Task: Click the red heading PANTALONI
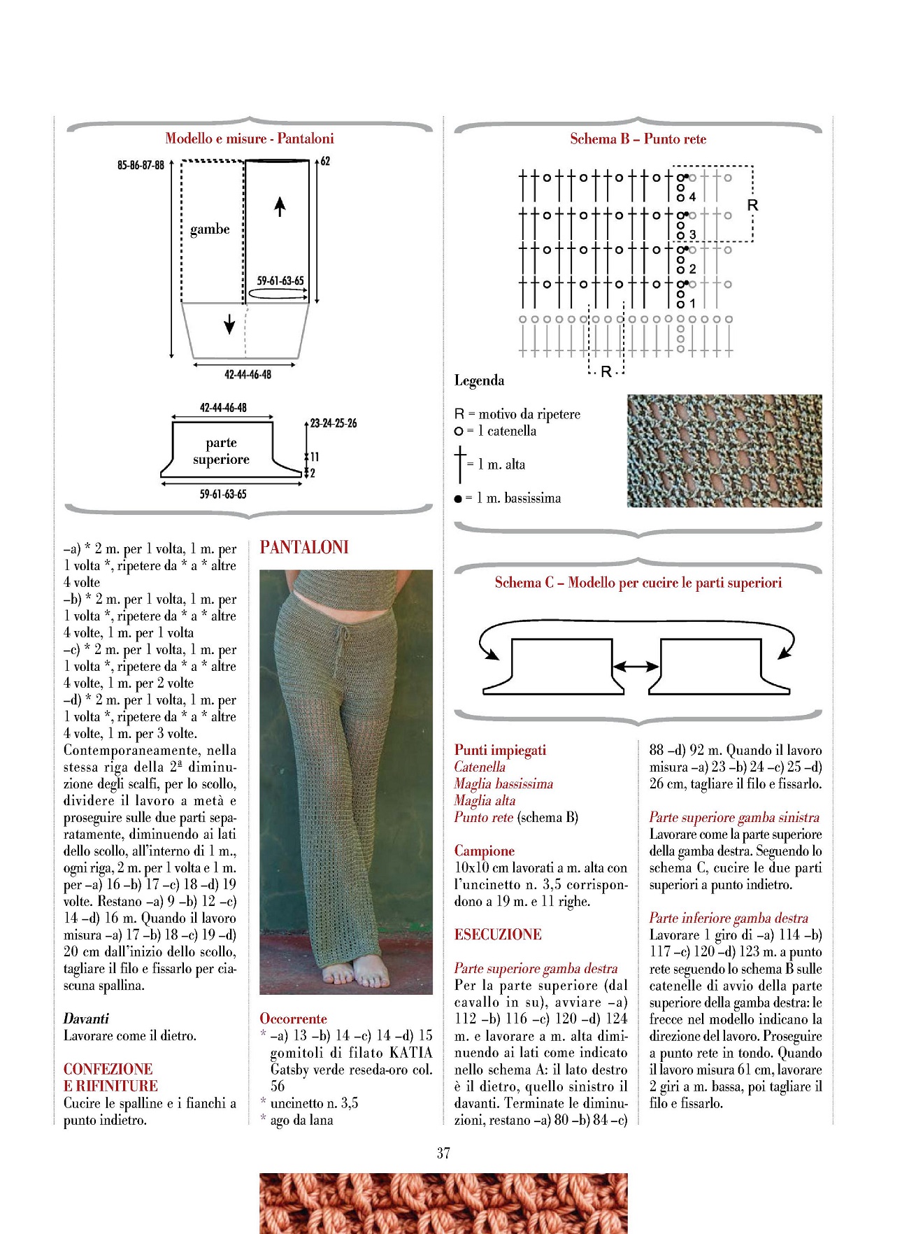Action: click(x=304, y=547)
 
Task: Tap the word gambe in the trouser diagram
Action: click(x=210, y=229)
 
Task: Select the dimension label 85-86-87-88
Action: click(x=141, y=166)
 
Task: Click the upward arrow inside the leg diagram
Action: click(x=280, y=206)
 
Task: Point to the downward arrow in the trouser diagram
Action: click(x=229, y=324)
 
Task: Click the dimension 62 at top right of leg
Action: click(x=325, y=162)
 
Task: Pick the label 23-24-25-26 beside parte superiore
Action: click(x=334, y=423)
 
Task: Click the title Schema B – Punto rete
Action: click(x=638, y=139)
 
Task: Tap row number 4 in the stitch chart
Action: click(x=692, y=197)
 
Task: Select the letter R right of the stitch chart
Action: click(x=752, y=206)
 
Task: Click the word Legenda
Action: click(x=479, y=381)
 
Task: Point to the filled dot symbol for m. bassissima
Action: click(x=458, y=499)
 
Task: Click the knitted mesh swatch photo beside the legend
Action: click(x=724, y=451)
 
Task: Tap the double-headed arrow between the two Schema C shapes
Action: click(x=636, y=667)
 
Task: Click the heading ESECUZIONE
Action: click(x=498, y=935)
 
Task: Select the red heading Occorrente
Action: click(x=293, y=1019)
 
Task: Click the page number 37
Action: click(x=443, y=1153)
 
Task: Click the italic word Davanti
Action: click(x=86, y=1019)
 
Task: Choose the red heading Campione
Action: click(x=484, y=851)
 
